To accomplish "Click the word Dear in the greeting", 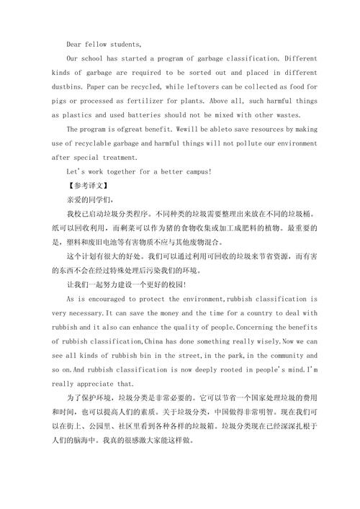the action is coord(75,44).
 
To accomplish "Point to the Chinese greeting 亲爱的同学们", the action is coord(89,199).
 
